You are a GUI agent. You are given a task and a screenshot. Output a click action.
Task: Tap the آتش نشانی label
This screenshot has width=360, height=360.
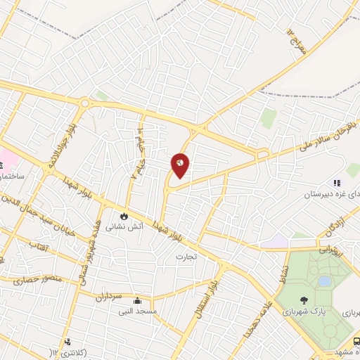[124, 227]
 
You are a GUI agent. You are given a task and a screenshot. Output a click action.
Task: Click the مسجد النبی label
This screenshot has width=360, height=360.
[156, 310]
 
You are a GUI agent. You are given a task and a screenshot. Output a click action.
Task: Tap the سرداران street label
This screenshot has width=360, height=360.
[110, 295]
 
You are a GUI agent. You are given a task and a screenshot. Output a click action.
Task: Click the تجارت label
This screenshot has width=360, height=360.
[187, 257]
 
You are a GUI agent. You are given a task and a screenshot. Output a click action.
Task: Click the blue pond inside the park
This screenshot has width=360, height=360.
[324, 281]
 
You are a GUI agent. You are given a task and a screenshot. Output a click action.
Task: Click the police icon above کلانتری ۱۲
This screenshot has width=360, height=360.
[67, 342]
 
